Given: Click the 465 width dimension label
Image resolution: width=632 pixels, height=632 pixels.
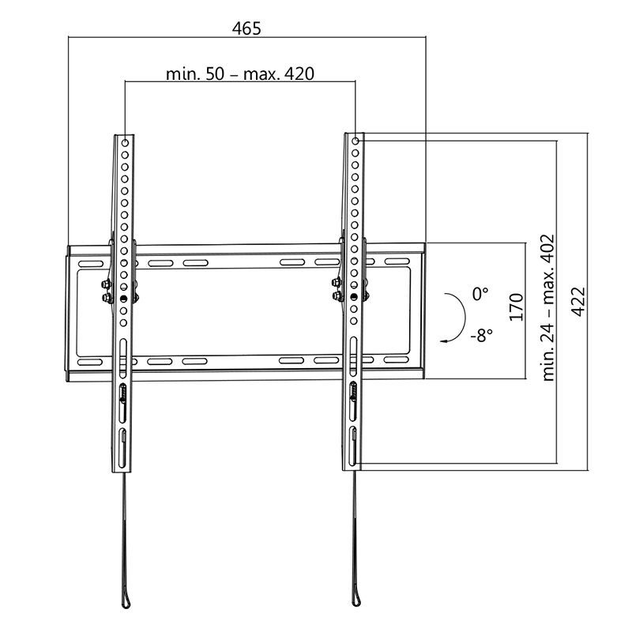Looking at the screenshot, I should (x=246, y=28).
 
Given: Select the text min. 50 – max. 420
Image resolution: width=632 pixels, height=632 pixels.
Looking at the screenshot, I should (x=240, y=74).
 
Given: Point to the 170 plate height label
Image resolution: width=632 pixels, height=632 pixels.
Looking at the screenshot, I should (x=517, y=307).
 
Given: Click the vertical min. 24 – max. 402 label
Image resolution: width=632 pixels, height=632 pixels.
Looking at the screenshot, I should (x=549, y=307).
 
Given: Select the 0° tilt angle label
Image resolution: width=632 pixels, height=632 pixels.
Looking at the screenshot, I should (x=480, y=293).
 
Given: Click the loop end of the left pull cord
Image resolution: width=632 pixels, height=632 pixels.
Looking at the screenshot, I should (x=126, y=604).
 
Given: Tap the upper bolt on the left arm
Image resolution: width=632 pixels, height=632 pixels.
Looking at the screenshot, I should (x=104, y=284).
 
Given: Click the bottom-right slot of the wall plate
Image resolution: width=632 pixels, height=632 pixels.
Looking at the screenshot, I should (x=397, y=360).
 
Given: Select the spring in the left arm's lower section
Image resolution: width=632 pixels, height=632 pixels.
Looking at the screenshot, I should (x=123, y=393).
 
